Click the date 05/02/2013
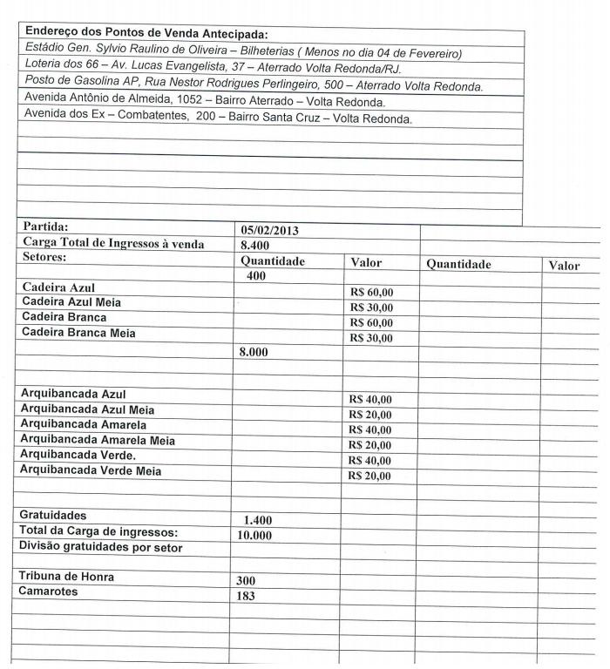pos(270,231)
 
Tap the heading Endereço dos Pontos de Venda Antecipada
pos(146,33)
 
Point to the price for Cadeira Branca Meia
pos(370,338)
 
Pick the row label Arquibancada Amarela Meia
pos(98,440)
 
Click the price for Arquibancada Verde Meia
pos(370,476)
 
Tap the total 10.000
pos(254,535)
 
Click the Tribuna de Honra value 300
pos(247,579)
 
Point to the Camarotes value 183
pos(247,596)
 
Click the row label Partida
pos(45,226)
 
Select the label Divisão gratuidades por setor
pos(101,547)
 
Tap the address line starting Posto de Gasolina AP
pos(253,85)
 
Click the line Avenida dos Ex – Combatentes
pos(218,118)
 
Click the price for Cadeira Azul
pos(370,292)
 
